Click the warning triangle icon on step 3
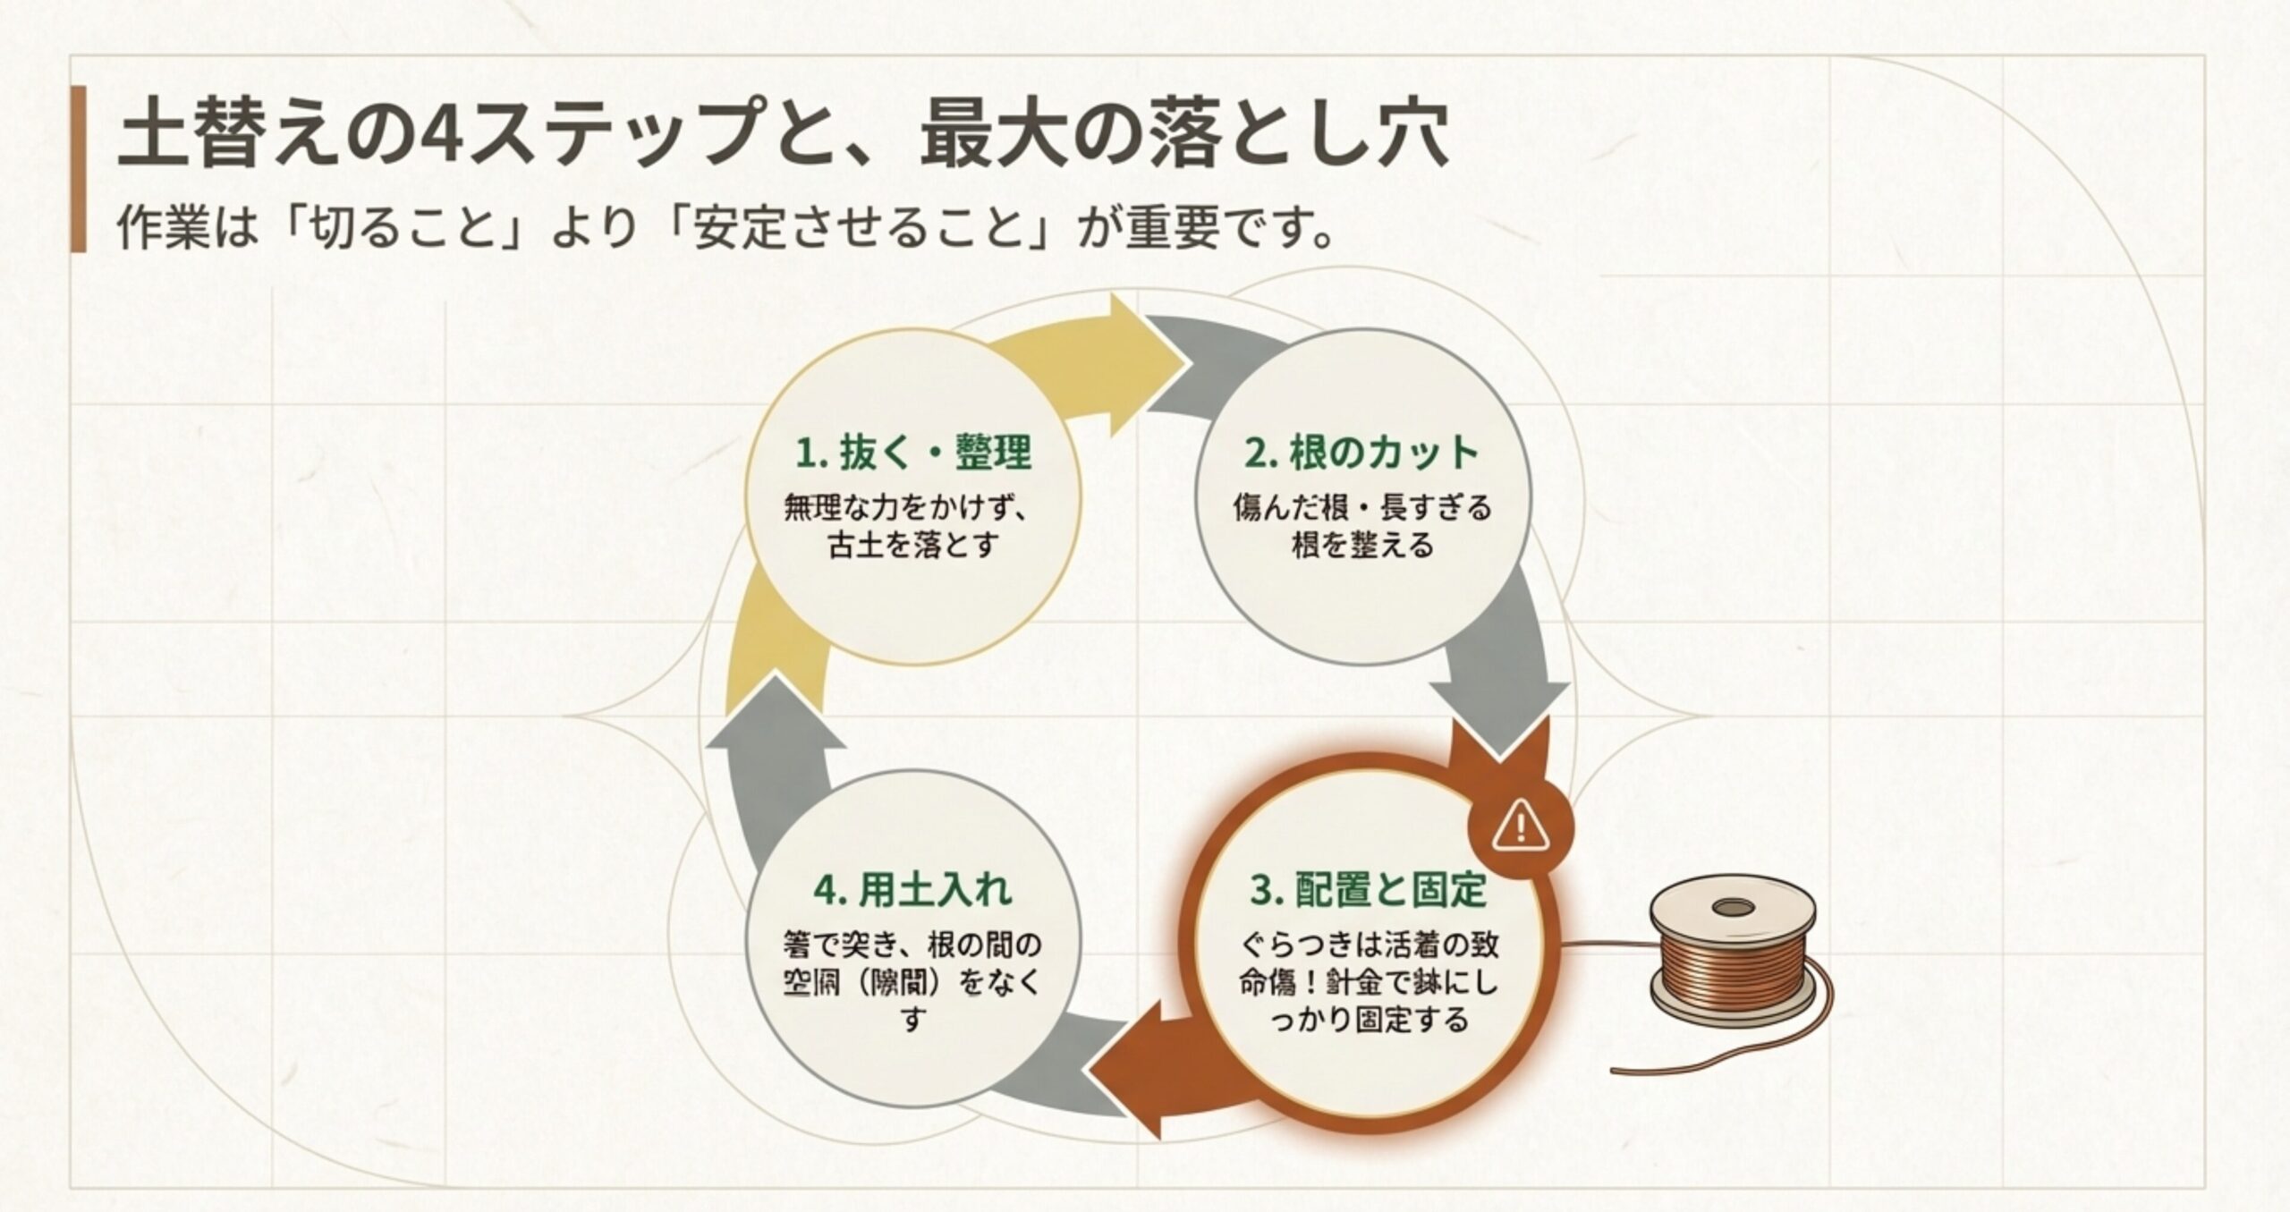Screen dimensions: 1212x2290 pyautogui.click(x=1520, y=826)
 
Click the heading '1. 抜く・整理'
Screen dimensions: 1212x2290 pyautogui.click(x=912, y=453)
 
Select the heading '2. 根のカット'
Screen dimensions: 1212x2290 pyautogui.click(x=1361, y=453)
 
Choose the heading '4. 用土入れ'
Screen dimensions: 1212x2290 pyautogui.click(x=912, y=889)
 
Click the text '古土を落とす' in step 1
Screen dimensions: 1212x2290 pyautogui.click(x=912, y=544)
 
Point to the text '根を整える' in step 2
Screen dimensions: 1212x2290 pyautogui.click(x=1361, y=544)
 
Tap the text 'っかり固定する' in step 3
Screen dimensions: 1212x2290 pyautogui.click(x=1368, y=1020)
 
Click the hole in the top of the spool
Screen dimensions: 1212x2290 pyautogui.click(x=1734, y=909)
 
